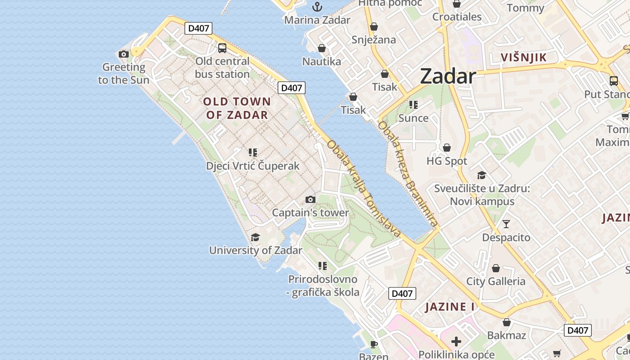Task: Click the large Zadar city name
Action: [x=448, y=76]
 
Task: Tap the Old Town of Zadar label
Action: [x=237, y=108]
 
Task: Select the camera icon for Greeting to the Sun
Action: [x=124, y=54]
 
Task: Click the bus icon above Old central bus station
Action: [x=222, y=48]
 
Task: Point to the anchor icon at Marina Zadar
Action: [x=317, y=7]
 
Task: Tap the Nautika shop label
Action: [x=321, y=61]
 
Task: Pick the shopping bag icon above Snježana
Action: [x=373, y=27]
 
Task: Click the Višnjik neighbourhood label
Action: [x=524, y=57]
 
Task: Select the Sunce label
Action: [x=413, y=118]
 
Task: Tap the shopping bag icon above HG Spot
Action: [x=447, y=148]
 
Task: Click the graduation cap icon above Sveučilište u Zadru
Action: [x=482, y=175]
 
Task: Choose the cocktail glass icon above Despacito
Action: [x=506, y=224]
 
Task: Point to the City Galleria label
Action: [x=495, y=281]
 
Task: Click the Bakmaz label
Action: [x=506, y=335]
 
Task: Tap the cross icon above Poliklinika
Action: [x=456, y=341]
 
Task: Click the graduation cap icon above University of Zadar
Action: [x=255, y=237]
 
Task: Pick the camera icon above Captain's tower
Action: [x=310, y=199]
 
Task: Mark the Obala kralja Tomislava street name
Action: [x=364, y=189]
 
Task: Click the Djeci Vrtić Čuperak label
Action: [x=252, y=166]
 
